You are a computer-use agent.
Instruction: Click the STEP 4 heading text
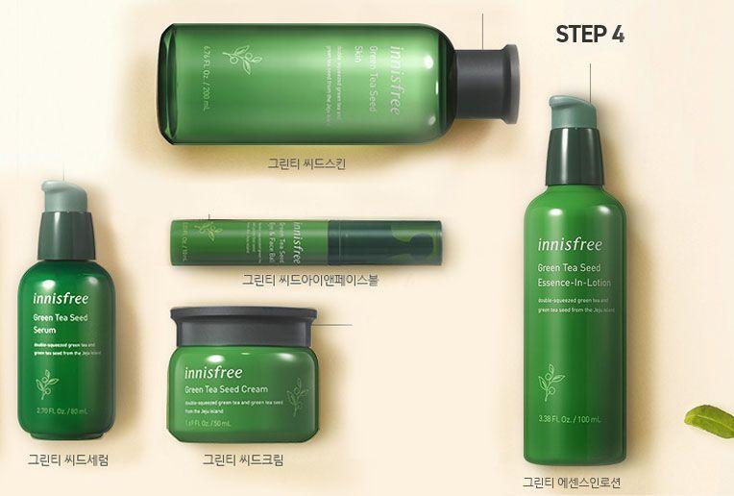click(590, 35)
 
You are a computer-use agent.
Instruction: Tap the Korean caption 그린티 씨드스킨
click(306, 163)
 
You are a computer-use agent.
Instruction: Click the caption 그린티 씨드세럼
click(68, 459)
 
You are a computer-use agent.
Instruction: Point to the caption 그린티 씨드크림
click(243, 459)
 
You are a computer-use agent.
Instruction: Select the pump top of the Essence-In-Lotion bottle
click(574, 109)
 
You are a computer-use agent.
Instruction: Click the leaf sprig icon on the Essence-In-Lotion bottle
click(550, 383)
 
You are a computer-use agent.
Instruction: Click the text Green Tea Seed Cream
click(228, 389)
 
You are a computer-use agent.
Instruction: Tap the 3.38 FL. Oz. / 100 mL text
click(570, 419)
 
